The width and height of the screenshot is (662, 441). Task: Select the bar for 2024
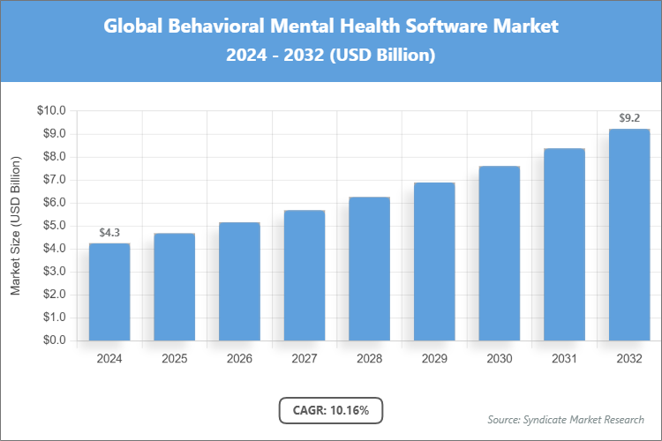click(109, 292)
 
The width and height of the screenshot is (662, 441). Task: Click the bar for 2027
click(305, 275)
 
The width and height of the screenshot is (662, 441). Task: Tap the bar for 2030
click(500, 253)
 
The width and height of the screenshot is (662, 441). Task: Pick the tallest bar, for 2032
click(629, 235)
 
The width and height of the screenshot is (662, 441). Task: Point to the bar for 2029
click(434, 262)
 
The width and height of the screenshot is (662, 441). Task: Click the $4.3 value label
click(109, 233)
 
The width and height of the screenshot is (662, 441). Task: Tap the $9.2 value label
click(629, 118)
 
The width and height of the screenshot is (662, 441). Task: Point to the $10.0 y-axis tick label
click(51, 111)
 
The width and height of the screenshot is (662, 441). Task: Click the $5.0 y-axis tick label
click(51, 226)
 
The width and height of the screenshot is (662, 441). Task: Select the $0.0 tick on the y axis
click(51, 340)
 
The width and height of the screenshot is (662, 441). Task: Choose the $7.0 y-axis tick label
click(51, 180)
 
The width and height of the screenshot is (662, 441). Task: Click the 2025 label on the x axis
click(175, 359)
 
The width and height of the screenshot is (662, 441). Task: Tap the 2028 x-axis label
click(370, 359)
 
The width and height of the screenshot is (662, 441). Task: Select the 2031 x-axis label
click(564, 359)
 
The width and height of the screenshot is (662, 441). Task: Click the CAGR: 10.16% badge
click(331, 410)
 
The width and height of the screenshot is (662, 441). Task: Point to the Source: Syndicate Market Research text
click(566, 419)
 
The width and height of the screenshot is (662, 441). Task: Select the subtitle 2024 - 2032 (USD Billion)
click(331, 55)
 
